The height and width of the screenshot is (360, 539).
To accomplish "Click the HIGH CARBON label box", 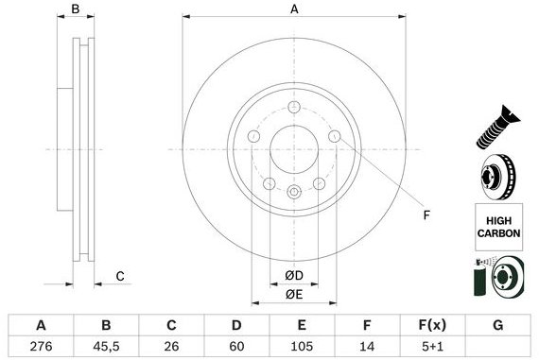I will [x=496, y=225].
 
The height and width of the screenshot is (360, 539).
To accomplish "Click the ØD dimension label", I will [x=294, y=275].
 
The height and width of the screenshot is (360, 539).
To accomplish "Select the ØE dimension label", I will [x=294, y=294].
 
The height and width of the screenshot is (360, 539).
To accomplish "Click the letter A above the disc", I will [x=294, y=9].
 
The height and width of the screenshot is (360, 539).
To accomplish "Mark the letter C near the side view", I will [x=120, y=276].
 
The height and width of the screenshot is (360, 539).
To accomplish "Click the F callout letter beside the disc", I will [x=426, y=215].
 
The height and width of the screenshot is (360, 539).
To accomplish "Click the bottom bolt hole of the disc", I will [x=294, y=194].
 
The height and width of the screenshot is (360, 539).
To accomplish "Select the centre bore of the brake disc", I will [x=294, y=150].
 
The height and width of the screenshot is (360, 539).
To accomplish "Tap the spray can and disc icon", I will [x=495, y=278].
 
